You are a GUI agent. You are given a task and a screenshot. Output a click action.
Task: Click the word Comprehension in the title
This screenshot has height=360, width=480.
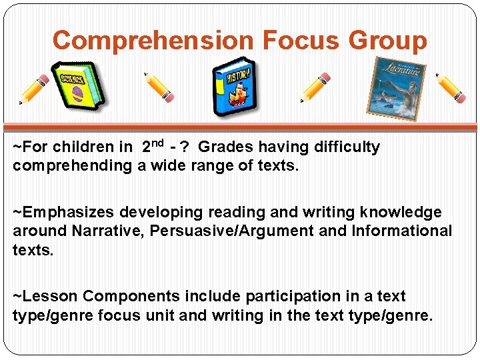coord(153,40)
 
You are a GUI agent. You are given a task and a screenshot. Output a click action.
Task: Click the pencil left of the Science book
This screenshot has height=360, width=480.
coord(34,89)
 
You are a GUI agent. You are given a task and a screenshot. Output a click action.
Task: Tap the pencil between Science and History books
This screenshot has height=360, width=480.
coord(160,87)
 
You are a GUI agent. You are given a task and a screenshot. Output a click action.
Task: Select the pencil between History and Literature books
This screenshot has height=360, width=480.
coord(315,87)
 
